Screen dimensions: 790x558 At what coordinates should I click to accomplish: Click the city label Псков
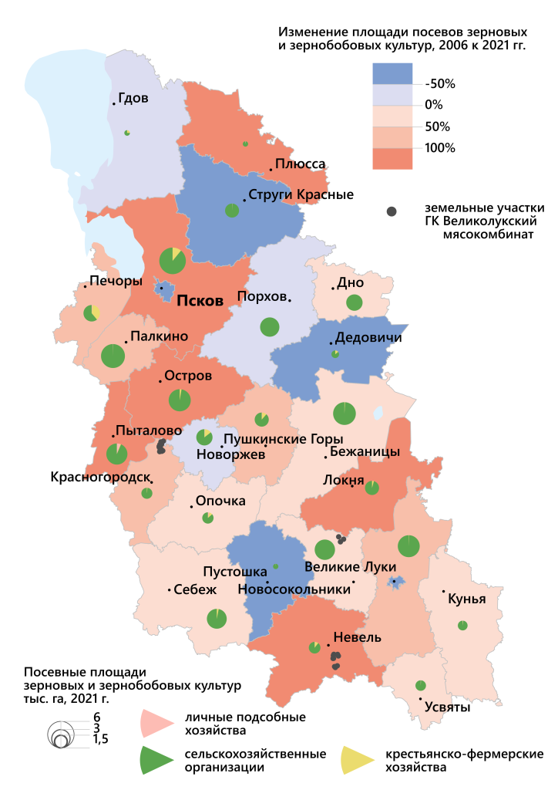click(200, 300)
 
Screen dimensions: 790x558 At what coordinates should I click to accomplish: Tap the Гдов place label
click(134, 99)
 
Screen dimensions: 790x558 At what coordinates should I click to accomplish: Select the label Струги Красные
click(301, 194)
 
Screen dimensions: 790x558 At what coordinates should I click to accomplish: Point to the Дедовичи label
click(368, 337)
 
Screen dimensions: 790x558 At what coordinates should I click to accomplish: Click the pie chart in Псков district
click(172, 260)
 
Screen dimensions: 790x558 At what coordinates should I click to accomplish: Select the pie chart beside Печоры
click(92, 313)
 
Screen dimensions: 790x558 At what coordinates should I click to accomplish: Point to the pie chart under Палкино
click(113, 356)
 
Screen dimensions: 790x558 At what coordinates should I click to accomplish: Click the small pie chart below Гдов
click(126, 132)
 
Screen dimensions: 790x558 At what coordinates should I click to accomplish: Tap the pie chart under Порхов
click(269, 326)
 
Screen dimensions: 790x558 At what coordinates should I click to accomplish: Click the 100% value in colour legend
click(441, 148)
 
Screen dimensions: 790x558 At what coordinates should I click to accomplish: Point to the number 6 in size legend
click(96, 717)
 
